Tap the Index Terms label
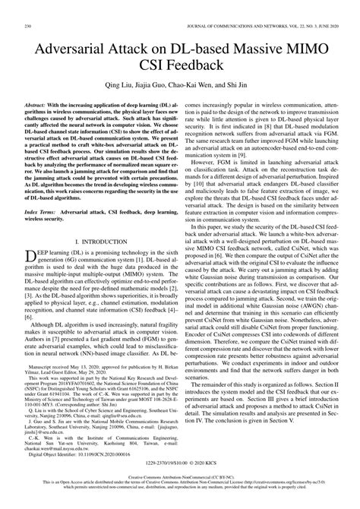click(48, 238)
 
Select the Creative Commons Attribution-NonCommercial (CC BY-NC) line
click(180, 492)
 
